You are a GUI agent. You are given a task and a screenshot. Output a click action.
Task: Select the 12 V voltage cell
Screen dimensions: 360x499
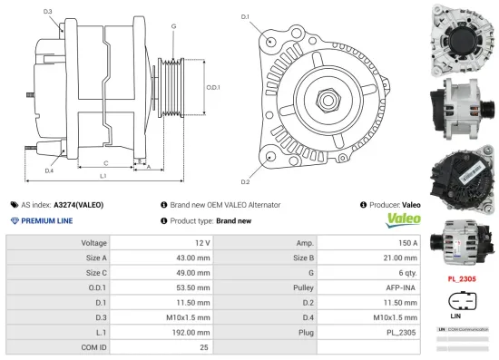(201, 243)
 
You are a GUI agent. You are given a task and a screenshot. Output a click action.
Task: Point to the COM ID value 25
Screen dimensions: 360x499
(205, 345)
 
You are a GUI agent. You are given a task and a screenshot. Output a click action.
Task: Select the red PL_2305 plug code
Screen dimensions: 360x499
(463, 278)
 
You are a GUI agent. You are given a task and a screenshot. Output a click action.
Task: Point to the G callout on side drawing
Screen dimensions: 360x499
(173, 27)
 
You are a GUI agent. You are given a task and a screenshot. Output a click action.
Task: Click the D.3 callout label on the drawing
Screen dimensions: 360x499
(47, 12)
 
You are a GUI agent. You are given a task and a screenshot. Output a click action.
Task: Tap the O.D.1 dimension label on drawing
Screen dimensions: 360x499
(212, 87)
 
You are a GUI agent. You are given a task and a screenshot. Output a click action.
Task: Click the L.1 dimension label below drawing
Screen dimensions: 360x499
(103, 175)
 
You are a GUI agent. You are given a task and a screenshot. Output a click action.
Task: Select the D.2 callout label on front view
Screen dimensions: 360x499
(245, 169)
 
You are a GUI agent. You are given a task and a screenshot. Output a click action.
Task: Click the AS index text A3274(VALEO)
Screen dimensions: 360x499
(77, 205)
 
